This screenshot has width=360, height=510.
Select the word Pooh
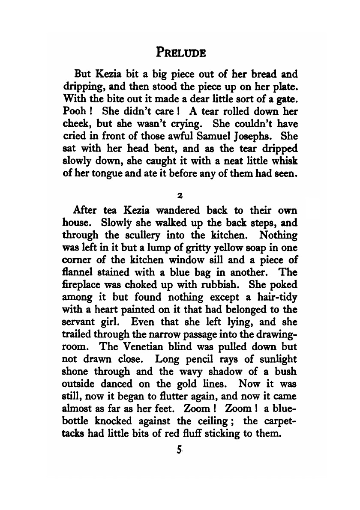(x=72, y=111)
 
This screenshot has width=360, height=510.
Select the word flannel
(x=78, y=272)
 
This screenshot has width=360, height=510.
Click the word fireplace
(x=84, y=284)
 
